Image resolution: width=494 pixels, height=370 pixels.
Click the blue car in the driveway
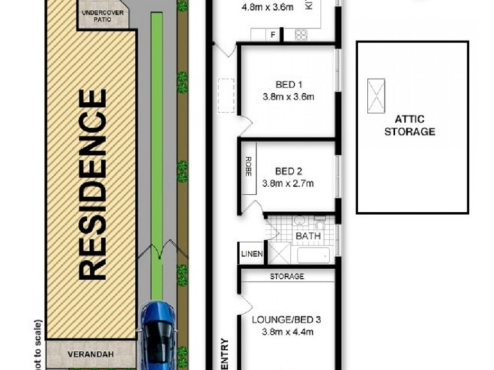coord(157,334)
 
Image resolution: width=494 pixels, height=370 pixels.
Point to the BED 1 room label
coord(288,84)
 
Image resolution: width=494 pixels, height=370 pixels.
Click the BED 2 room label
coord(288,171)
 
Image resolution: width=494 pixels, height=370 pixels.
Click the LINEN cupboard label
coord(253,253)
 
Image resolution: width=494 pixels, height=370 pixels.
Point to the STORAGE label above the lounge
coord(287,276)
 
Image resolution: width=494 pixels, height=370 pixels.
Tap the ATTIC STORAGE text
coord(410,126)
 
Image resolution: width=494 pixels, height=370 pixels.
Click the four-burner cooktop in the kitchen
coord(301,35)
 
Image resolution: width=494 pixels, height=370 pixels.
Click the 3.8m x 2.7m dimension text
coord(288,183)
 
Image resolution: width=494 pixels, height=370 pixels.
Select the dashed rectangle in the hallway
coord(225,96)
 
